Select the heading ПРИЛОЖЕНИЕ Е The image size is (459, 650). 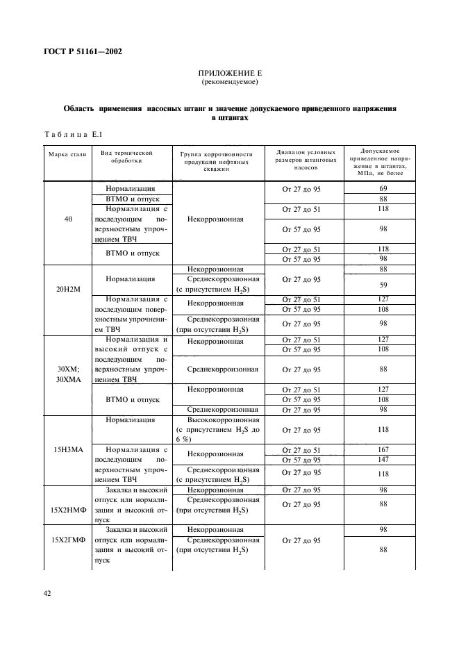coord(230,72)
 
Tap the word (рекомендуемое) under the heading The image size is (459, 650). coord(230,82)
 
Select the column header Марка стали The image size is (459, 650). coord(67,153)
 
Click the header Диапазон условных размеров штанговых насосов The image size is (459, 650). coord(306,160)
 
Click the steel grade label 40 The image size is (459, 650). coord(67,219)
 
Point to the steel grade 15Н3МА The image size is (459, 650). coord(68,449)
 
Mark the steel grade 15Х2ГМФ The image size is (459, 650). coord(68,539)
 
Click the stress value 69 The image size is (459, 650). coord(383,188)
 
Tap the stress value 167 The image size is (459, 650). coord(383,449)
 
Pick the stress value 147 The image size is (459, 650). coord(383,459)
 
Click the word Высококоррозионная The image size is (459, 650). coord(224,419)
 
